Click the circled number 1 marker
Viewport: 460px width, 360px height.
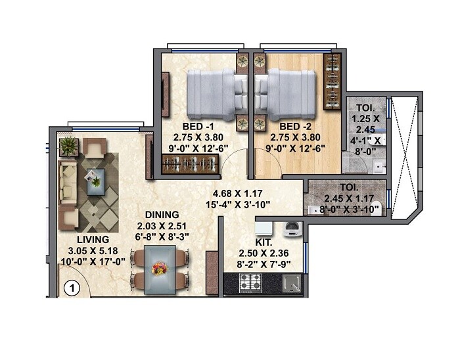(x=72, y=287)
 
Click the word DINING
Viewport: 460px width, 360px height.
(x=162, y=214)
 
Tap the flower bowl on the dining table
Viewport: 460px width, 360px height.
(x=158, y=267)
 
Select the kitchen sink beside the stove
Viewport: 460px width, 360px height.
(x=290, y=283)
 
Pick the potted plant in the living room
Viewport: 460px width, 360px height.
(x=67, y=146)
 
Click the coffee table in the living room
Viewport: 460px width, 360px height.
(x=95, y=178)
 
